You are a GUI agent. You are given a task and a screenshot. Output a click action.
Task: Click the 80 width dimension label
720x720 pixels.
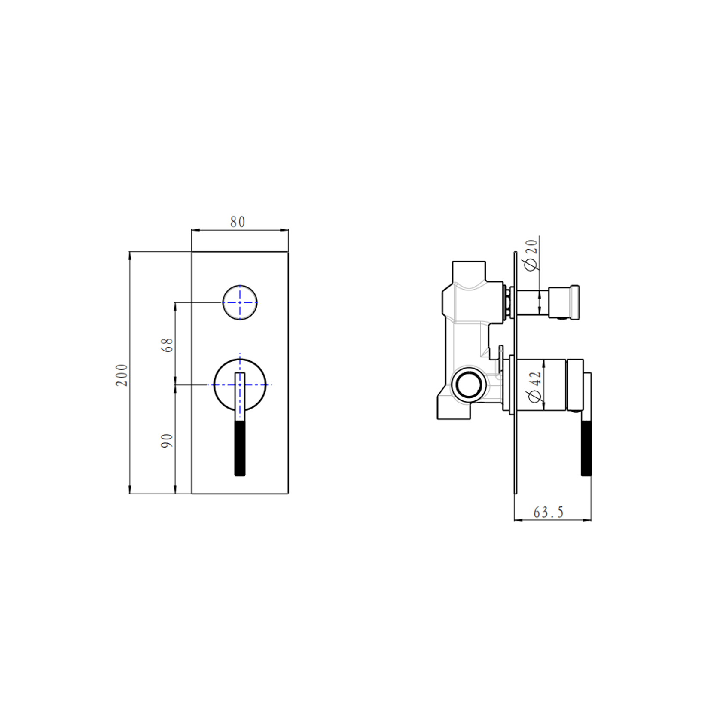[238, 222]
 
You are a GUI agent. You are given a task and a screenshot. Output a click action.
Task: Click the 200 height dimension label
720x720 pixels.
[122, 375]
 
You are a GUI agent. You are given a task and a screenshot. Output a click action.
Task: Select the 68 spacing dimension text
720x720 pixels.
[167, 345]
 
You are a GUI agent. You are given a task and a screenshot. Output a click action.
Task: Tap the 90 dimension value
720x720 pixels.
[167, 441]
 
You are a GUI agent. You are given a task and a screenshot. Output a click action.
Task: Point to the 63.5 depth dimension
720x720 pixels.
[548, 512]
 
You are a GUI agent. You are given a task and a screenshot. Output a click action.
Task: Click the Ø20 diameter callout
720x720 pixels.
[531, 255]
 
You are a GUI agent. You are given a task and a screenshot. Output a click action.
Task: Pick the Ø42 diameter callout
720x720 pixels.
[535, 387]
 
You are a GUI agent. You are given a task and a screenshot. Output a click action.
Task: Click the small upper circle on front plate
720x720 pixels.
[240, 302]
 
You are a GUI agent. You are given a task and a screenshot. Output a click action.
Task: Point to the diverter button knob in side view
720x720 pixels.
[564, 302]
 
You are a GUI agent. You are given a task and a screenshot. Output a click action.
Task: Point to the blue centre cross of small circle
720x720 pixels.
[240, 302]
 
